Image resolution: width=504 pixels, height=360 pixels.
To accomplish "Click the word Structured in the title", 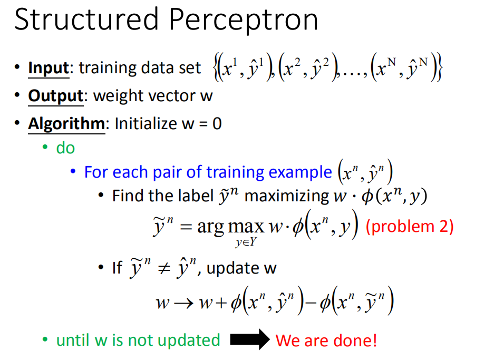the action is pyautogui.click(x=86, y=20).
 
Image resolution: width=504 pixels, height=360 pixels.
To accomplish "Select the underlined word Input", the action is pyautogui.click(x=49, y=69).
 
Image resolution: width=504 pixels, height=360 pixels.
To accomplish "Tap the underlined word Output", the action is pyautogui.click(x=56, y=96).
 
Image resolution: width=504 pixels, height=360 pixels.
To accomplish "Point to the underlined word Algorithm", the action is pyautogui.click(x=66, y=124).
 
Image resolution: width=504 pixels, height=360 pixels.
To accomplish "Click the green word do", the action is pyautogui.click(x=65, y=148).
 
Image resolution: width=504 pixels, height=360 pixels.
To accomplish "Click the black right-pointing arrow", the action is pyautogui.click(x=250, y=339).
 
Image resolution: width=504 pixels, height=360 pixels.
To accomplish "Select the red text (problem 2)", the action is pyautogui.click(x=410, y=226).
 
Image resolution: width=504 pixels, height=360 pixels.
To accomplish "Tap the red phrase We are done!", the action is pyautogui.click(x=326, y=340).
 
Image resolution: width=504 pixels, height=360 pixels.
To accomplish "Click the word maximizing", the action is pyautogui.click(x=287, y=196).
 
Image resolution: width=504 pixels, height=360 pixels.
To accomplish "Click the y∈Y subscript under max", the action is pyautogui.click(x=246, y=242).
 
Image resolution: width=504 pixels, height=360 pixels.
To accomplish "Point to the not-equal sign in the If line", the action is pyautogui.click(x=164, y=268).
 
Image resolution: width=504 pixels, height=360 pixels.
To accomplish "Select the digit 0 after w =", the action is pyautogui.click(x=217, y=124).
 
